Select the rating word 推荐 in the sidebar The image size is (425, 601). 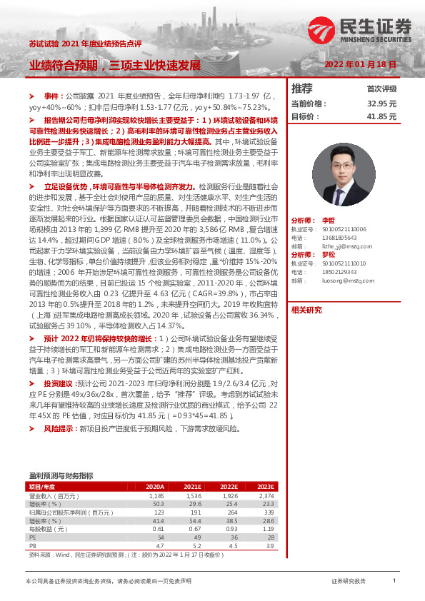tap(303, 89)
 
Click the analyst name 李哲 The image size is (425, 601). tap(328, 221)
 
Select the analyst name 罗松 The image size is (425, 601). tap(328, 253)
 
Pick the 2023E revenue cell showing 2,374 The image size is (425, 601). tap(266, 495)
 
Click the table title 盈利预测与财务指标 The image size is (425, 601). tap(61, 475)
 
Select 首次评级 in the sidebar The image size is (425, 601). tap(381, 89)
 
